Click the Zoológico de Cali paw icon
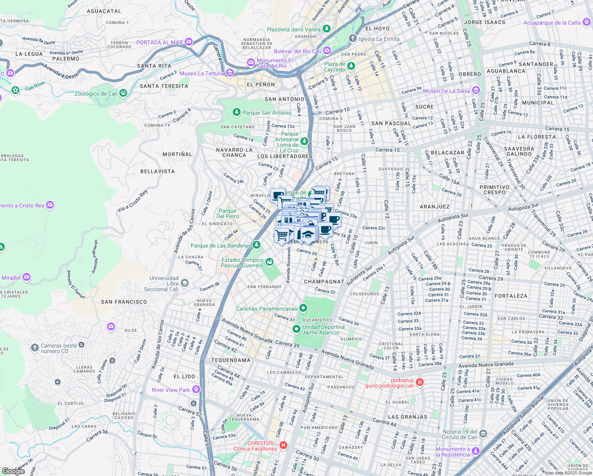(123, 93)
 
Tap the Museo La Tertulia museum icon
(230, 73)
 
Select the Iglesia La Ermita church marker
(352, 38)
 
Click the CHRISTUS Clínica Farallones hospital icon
(283, 445)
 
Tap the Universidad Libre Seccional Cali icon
(184, 283)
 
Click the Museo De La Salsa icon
(476, 90)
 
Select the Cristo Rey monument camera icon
(50, 205)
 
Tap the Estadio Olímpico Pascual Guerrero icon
(270, 261)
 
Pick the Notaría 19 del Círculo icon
(483, 434)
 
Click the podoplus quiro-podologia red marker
(420, 382)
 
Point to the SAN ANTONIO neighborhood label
(284, 99)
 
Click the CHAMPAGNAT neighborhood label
(324, 282)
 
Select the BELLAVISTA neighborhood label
(157, 171)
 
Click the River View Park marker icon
(196, 390)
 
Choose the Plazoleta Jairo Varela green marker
(326, 29)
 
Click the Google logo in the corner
(13, 471)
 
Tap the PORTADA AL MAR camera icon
(188, 42)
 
